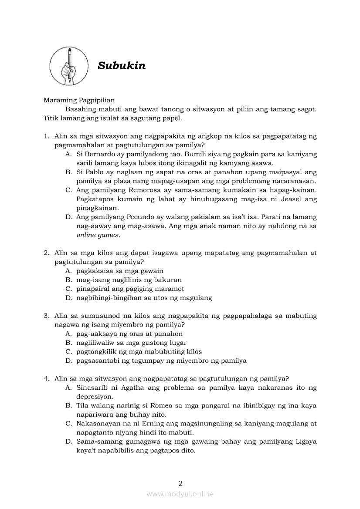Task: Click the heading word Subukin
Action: pyautogui.click(x=122, y=66)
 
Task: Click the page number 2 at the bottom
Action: pyautogui.click(x=180, y=483)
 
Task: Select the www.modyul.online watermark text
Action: pyautogui.click(x=180, y=494)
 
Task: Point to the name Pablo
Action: pyautogui.click(x=92, y=172)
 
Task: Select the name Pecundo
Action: pyautogui.click(x=146, y=217)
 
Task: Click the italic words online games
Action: pyautogui.click(x=98, y=235)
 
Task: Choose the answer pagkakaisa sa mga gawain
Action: pyautogui.click(x=119, y=271)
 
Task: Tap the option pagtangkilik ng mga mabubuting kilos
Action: pyautogui.click(x=139, y=351)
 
